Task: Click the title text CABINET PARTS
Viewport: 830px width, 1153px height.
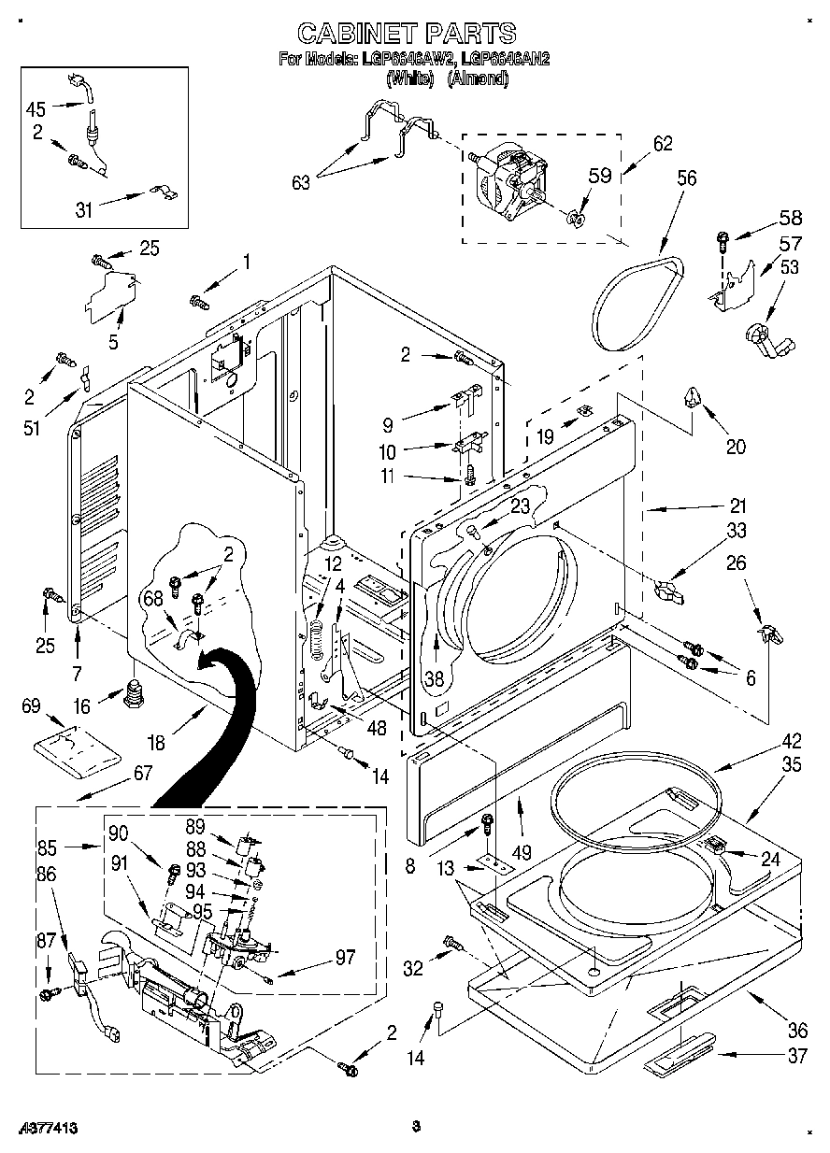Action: pyautogui.click(x=406, y=34)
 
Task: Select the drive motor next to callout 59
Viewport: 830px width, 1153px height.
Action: pyautogui.click(x=505, y=178)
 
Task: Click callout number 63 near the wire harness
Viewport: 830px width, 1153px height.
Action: pyautogui.click(x=301, y=182)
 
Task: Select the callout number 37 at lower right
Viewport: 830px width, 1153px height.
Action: pyautogui.click(x=796, y=1056)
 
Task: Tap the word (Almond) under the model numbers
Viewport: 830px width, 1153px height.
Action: pyautogui.click(x=478, y=79)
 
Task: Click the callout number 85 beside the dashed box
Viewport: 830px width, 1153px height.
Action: pyautogui.click(x=47, y=848)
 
